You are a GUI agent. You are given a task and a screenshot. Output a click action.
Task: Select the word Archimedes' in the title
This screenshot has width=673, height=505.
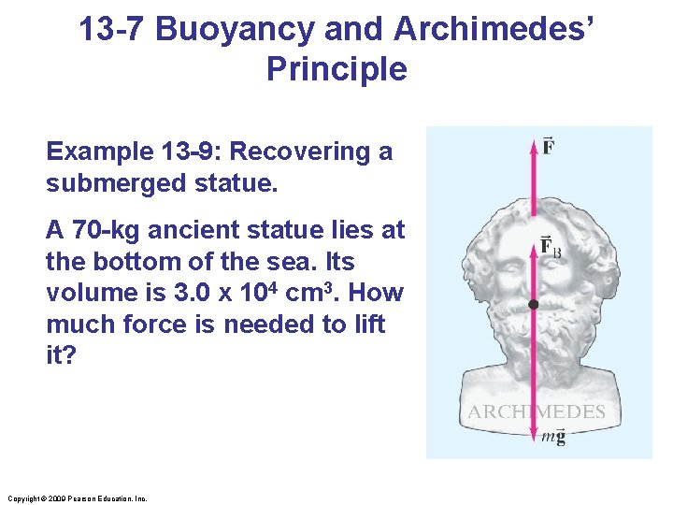coord(494,29)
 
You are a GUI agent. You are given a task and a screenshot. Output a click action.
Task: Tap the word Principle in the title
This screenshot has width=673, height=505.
coord(336,69)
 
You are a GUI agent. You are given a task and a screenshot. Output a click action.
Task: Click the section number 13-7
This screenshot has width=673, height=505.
coord(112,29)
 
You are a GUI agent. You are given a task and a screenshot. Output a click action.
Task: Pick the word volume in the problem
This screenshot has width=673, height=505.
coord(89,293)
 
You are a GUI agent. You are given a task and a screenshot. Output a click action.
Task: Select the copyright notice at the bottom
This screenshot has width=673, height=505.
coord(76,498)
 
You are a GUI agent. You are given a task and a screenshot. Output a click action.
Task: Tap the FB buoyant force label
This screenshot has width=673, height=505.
coord(551,247)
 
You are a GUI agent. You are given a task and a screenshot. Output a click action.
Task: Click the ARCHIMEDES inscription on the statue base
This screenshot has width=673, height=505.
coord(537,411)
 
